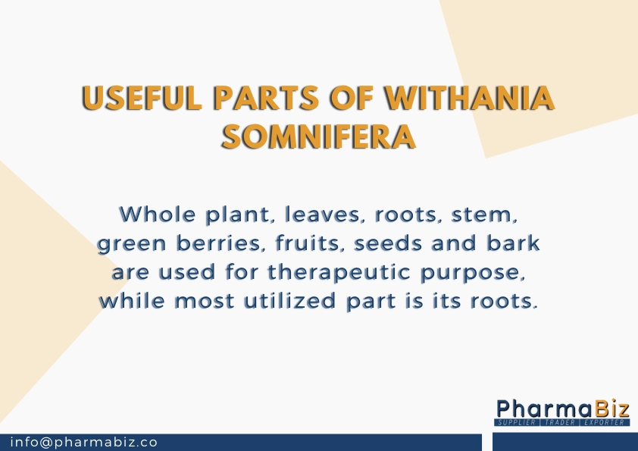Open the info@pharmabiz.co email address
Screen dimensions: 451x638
coord(84,442)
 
